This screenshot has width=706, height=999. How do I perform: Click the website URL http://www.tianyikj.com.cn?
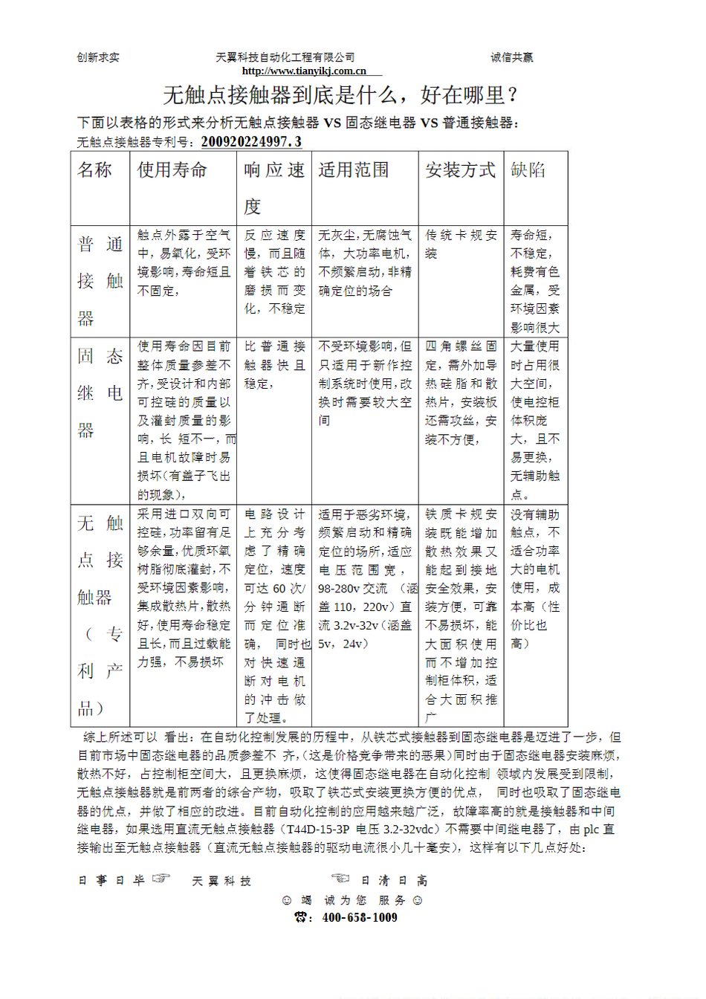click(x=304, y=71)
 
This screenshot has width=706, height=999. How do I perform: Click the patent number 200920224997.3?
click(x=251, y=142)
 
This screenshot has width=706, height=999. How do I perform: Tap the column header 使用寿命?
click(x=172, y=170)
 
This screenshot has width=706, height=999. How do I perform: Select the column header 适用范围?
click(x=354, y=170)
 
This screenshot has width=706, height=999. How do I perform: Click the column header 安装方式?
click(x=460, y=170)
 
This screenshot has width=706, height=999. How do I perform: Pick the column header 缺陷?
click(x=528, y=170)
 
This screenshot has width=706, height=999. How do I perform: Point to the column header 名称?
click(x=94, y=170)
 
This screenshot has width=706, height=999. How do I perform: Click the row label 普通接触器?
click(x=100, y=281)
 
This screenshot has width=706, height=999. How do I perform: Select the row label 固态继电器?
click(x=100, y=392)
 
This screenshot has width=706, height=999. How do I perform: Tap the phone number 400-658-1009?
click(x=360, y=917)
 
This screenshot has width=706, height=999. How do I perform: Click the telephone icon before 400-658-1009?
click(x=302, y=917)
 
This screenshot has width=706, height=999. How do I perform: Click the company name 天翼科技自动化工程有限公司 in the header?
click(x=285, y=57)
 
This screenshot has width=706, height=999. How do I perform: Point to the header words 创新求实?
click(x=98, y=57)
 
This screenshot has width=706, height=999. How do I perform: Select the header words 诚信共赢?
click(x=511, y=57)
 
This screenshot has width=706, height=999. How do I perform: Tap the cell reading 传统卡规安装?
click(x=461, y=244)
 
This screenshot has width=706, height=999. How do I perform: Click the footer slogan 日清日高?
click(x=394, y=881)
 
